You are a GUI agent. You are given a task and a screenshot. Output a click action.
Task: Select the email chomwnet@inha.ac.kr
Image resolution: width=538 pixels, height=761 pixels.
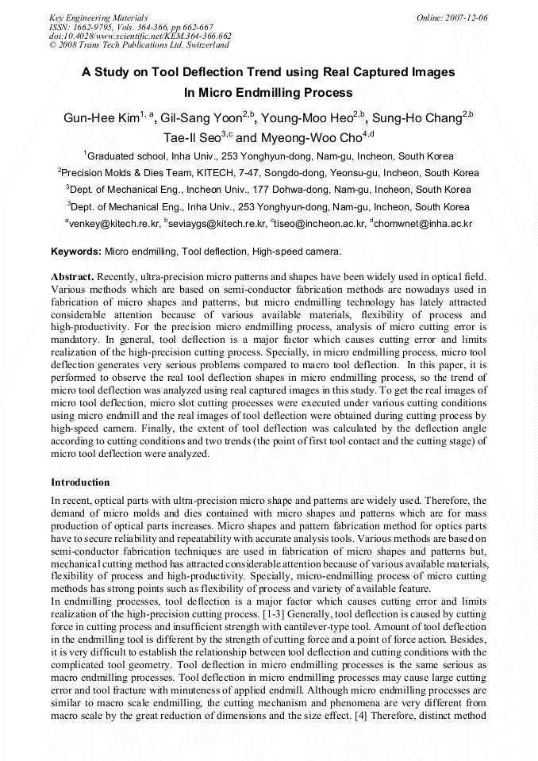424,225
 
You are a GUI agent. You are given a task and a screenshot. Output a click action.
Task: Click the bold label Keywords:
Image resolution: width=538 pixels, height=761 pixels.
76,252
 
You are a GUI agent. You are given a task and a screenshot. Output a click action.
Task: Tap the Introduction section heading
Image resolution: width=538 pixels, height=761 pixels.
80,482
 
